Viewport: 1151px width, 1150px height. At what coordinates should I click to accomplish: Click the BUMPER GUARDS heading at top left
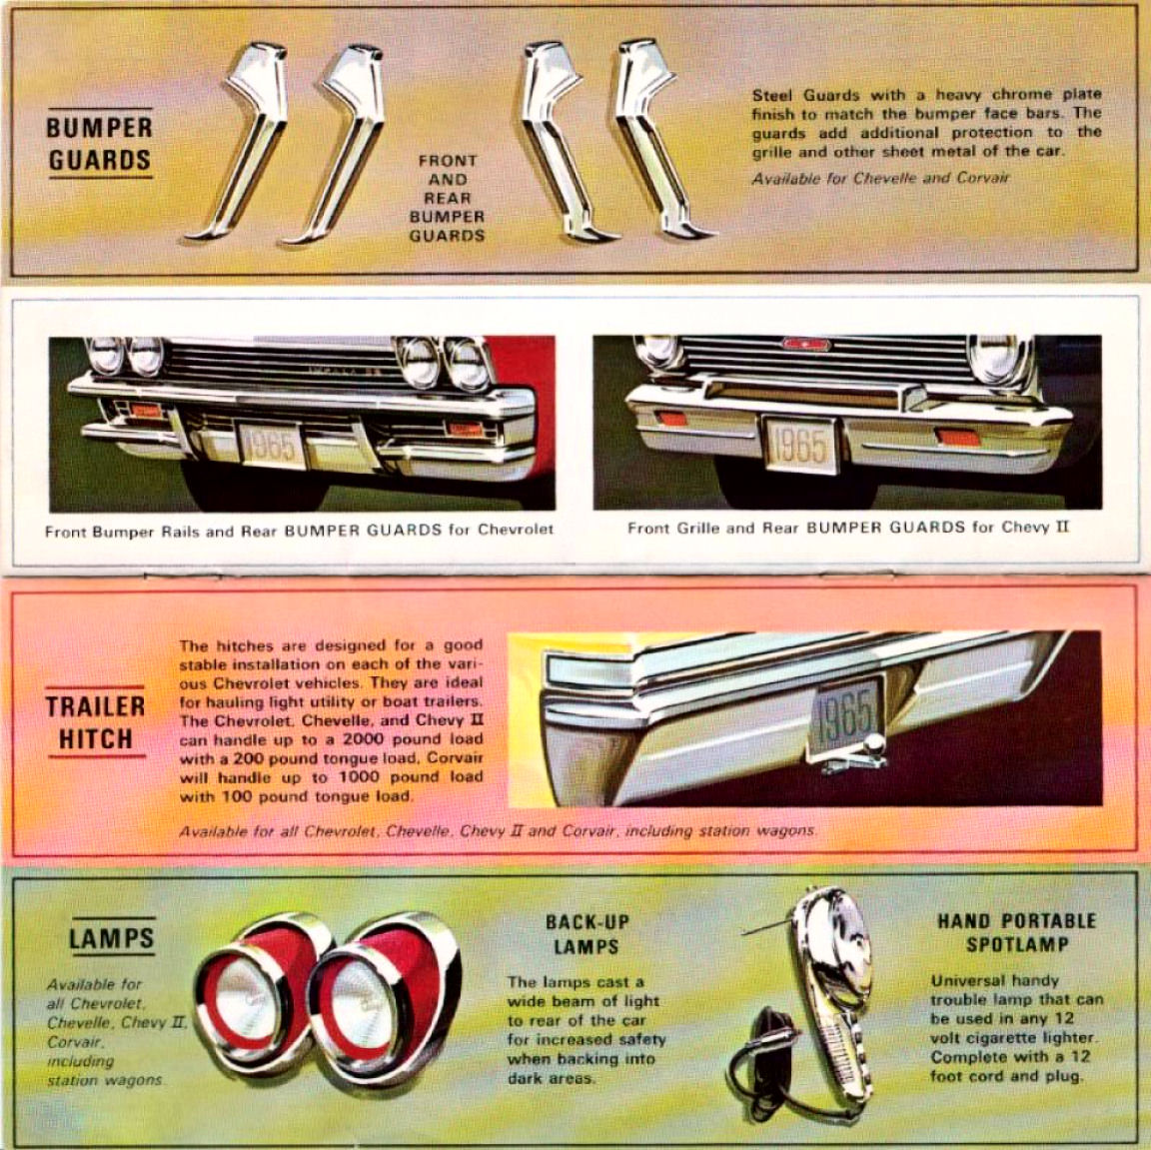(100, 144)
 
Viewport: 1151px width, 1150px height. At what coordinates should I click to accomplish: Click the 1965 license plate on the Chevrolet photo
(271, 445)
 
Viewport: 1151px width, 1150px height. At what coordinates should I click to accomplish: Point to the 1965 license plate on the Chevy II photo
(799, 446)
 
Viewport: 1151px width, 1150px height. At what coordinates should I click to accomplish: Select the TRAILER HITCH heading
(96, 723)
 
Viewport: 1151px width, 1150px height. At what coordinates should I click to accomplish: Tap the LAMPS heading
(112, 938)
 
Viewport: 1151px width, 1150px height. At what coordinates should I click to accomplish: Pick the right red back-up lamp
(382, 998)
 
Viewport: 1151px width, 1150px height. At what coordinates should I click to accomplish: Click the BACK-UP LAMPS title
(586, 933)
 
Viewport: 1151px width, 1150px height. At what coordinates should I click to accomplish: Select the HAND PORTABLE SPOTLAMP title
(1017, 932)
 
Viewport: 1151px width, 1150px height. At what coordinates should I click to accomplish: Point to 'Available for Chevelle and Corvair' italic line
(880, 178)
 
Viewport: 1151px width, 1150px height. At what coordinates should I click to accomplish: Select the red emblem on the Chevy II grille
(806, 344)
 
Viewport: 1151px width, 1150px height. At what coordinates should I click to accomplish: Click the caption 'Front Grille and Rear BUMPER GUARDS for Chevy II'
(848, 528)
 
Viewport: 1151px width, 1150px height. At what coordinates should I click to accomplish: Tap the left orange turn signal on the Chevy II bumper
(671, 419)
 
